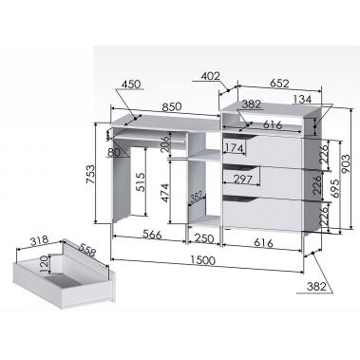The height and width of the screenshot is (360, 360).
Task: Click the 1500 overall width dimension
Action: (x=203, y=260)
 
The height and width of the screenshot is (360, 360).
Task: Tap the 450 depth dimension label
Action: (x=131, y=85)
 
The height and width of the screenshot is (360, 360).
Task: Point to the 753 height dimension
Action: (x=90, y=174)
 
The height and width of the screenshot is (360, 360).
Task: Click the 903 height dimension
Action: (x=346, y=163)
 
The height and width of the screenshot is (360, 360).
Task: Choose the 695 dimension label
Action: (x=335, y=188)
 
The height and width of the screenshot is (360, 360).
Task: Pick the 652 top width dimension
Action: (x=279, y=84)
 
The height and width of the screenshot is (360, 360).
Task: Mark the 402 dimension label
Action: (x=211, y=76)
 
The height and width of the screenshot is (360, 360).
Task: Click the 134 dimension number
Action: (x=302, y=99)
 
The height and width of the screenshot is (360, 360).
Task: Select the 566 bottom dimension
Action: (x=152, y=235)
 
